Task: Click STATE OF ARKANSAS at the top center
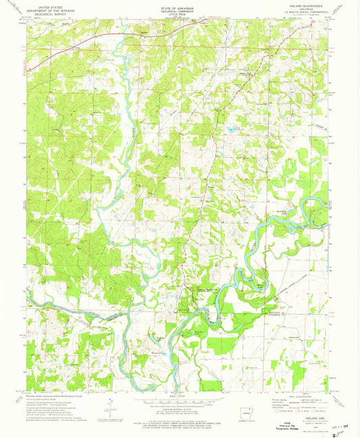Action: [180, 5]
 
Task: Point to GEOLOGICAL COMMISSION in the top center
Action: [180, 8]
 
